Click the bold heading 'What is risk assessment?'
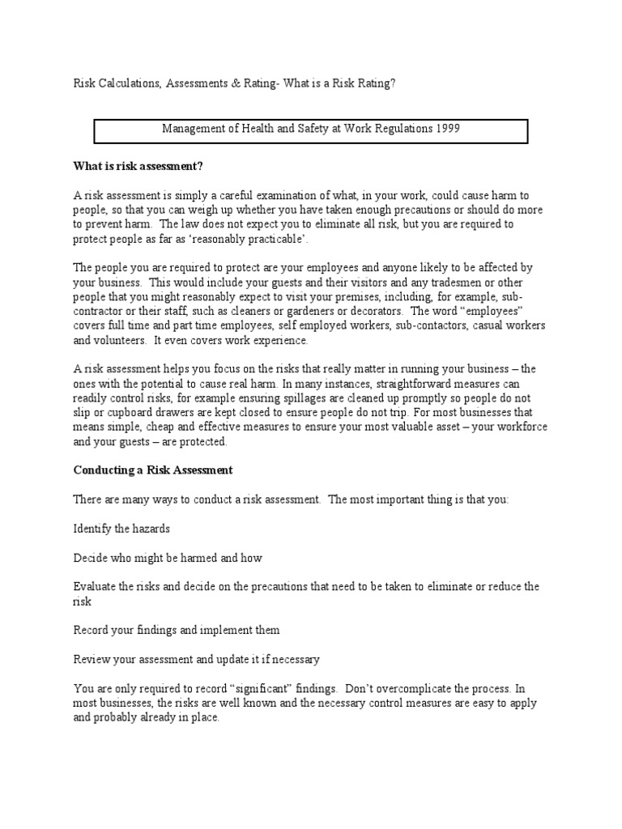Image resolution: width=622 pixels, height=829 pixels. (138, 167)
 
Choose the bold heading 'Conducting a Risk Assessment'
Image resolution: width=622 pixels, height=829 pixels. (153, 470)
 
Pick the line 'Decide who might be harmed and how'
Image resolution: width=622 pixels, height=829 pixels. (168, 558)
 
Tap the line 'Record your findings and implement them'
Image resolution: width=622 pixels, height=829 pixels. (177, 630)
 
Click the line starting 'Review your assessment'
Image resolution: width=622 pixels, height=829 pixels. (197, 659)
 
